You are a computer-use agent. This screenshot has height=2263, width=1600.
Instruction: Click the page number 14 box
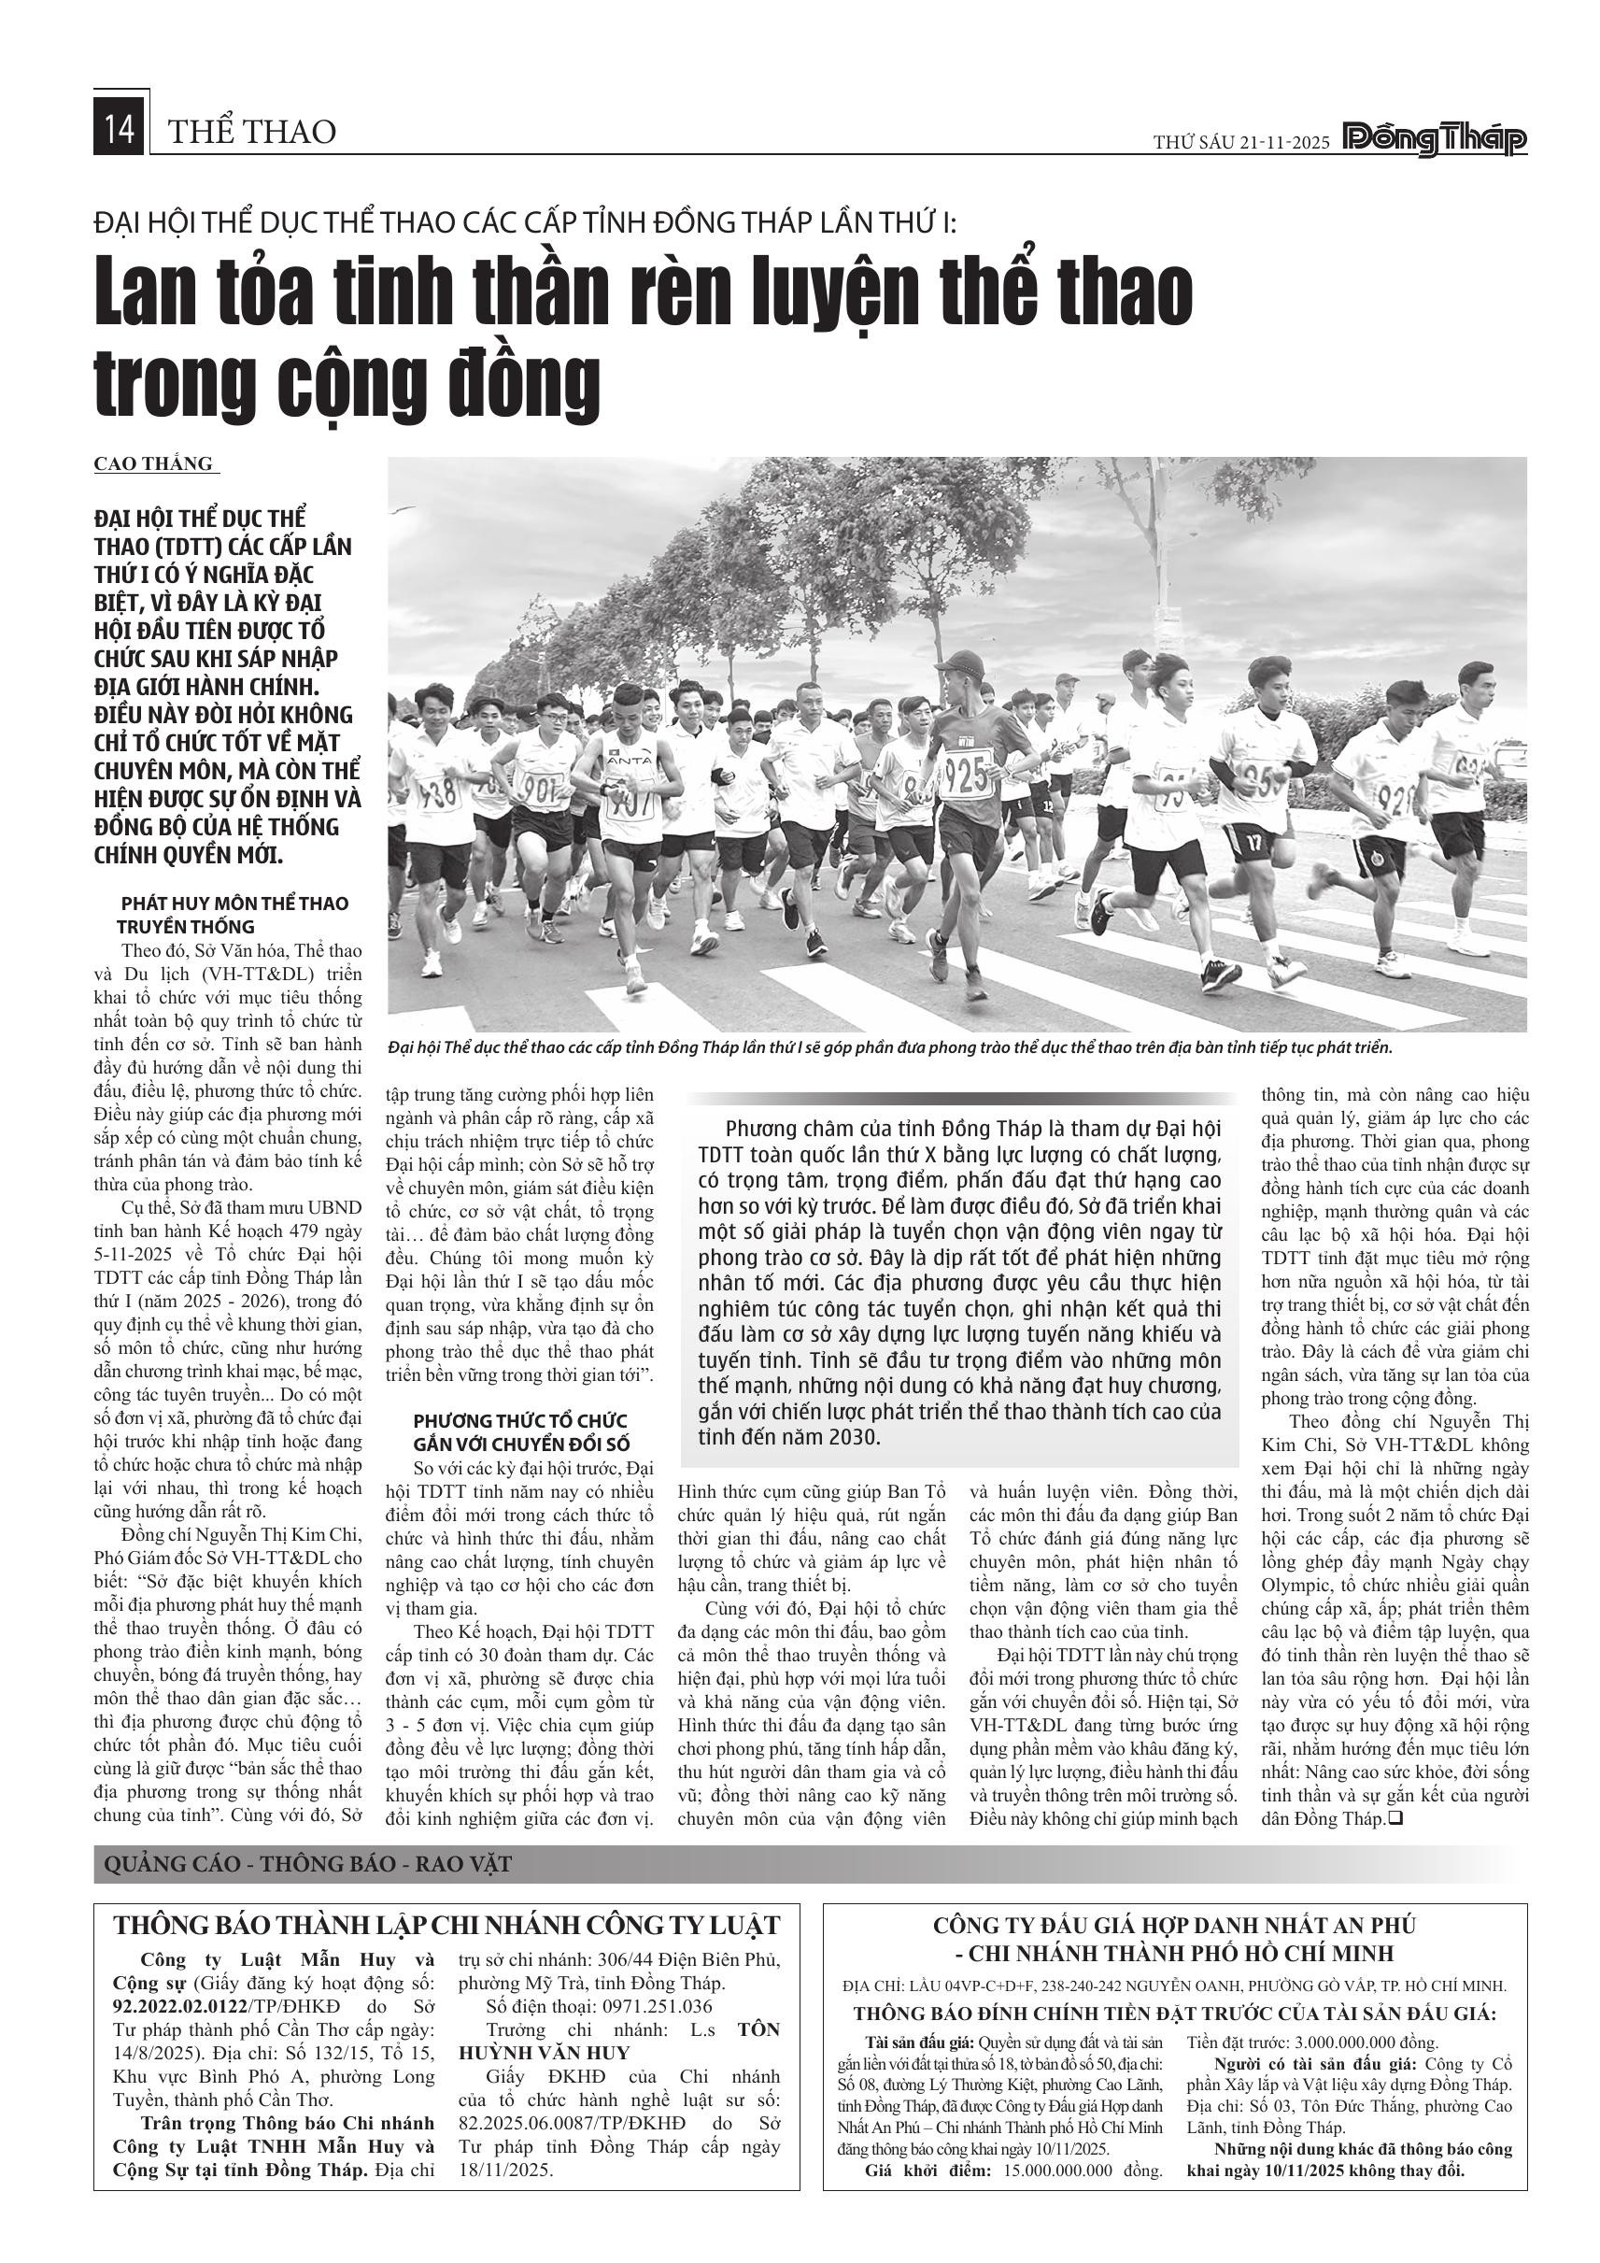120,131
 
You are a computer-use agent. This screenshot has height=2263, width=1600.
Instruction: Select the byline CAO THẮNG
154,464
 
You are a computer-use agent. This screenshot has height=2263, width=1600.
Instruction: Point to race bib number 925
967,775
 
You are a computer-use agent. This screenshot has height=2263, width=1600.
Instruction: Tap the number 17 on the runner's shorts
1253,843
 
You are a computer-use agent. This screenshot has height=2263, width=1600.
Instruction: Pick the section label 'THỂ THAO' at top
252,131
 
